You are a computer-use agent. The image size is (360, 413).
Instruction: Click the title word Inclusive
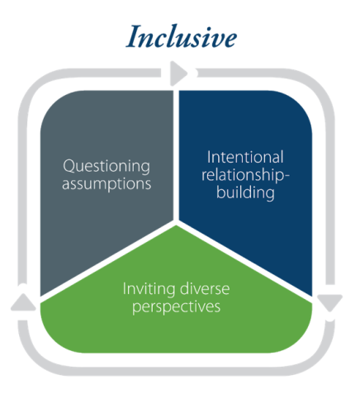click(182, 36)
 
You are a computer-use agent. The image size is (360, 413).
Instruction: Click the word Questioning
click(107, 167)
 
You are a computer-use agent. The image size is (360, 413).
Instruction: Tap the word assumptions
click(107, 184)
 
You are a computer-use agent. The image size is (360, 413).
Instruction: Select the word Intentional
click(245, 157)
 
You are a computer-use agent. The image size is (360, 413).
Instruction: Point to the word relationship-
click(245, 175)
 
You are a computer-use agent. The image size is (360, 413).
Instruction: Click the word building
click(245, 192)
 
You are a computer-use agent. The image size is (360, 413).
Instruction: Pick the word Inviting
click(149, 290)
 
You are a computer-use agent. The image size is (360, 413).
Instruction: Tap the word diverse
click(205, 289)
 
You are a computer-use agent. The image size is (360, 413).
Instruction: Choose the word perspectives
click(177, 306)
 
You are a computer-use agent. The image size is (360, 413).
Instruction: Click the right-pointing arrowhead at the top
click(178, 74)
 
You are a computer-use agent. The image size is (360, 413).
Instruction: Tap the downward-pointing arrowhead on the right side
click(329, 303)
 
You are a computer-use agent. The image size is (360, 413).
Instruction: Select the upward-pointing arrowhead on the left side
click(23, 302)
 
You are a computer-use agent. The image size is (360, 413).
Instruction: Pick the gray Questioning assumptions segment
click(107, 176)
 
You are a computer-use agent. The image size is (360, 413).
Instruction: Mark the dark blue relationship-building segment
click(245, 176)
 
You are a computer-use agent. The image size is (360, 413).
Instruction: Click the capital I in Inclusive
click(133, 36)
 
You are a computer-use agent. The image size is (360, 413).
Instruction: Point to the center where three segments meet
click(176, 222)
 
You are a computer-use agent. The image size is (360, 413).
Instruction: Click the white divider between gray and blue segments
click(176, 155)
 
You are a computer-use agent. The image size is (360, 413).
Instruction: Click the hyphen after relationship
click(287, 175)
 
